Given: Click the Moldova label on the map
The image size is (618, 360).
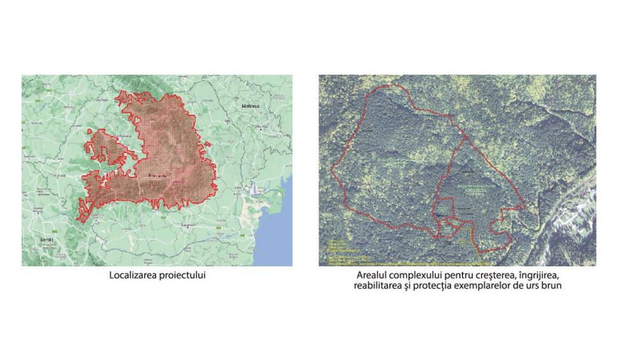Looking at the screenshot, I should [250, 106].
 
